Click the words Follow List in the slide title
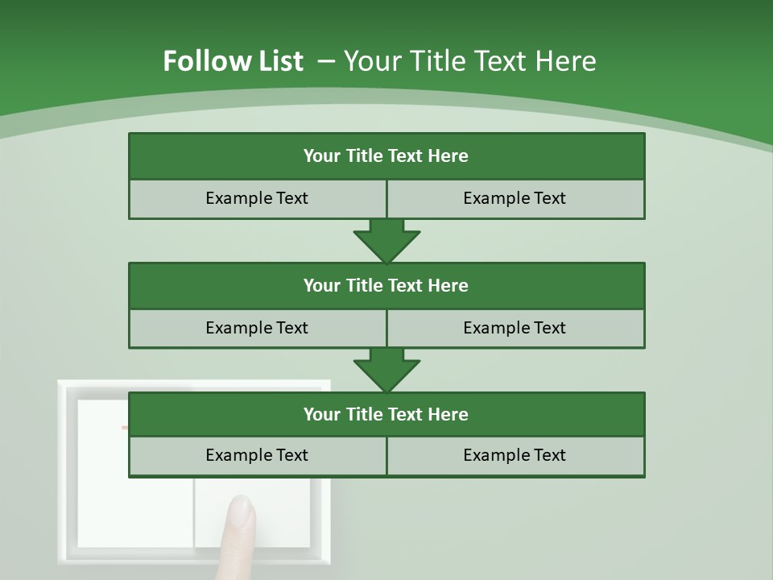(233, 61)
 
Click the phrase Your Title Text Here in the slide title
(470, 61)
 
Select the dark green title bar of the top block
(386, 155)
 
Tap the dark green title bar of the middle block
(386, 285)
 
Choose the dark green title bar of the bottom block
(386, 414)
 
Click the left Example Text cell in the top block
(257, 198)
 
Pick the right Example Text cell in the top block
(515, 198)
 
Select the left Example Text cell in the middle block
(257, 328)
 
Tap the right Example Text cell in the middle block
(515, 328)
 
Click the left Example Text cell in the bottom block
(257, 455)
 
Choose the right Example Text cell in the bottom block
(515, 455)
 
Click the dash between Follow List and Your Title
(326, 61)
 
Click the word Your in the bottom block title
(321, 414)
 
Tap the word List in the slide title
(278, 61)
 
